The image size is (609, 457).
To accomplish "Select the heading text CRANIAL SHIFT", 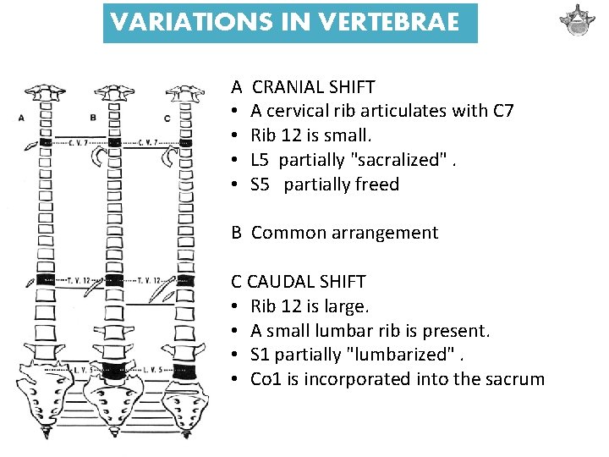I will pos(314,86).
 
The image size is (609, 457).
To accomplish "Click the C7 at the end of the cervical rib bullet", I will pos(498,111).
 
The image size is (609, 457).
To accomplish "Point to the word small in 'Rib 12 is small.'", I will pos(346,135).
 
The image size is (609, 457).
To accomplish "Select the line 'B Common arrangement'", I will pos(335,233).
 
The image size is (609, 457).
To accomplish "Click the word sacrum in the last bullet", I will pos(514,379).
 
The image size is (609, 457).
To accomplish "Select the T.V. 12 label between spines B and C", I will pos(147,280).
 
